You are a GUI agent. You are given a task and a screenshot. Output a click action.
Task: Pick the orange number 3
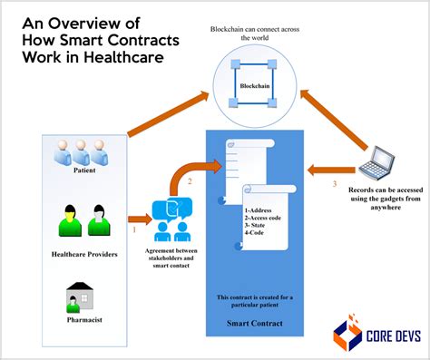333,185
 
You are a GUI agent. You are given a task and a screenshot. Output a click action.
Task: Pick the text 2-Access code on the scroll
266,219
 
